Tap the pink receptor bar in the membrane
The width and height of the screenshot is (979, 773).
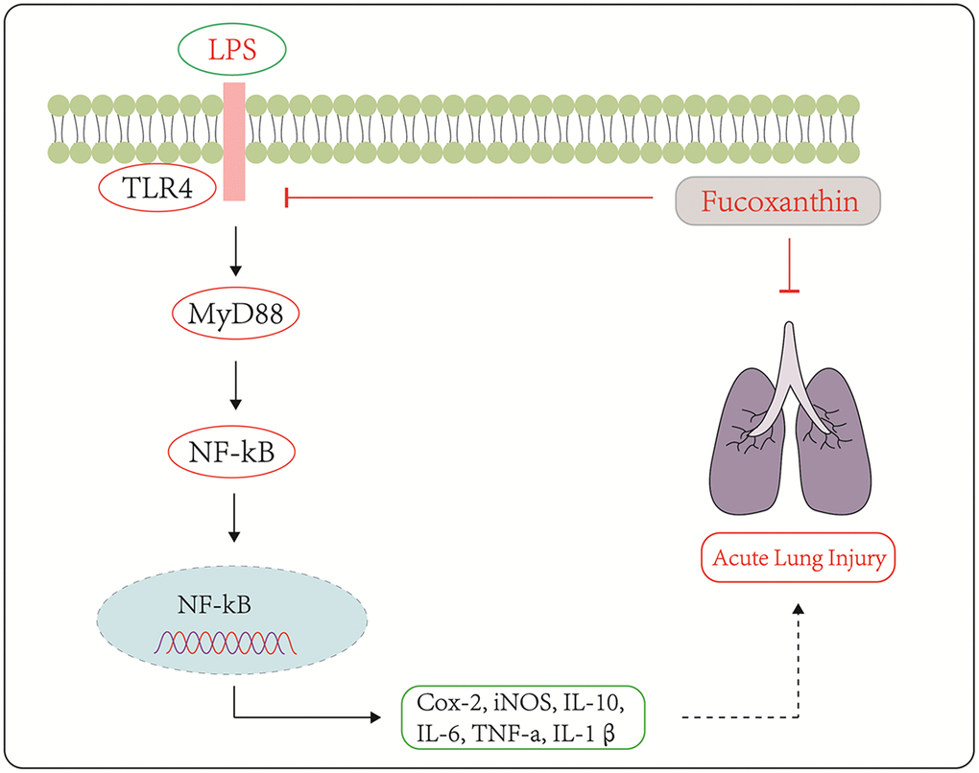[233, 141]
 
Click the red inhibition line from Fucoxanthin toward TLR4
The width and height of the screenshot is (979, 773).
[470, 198]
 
